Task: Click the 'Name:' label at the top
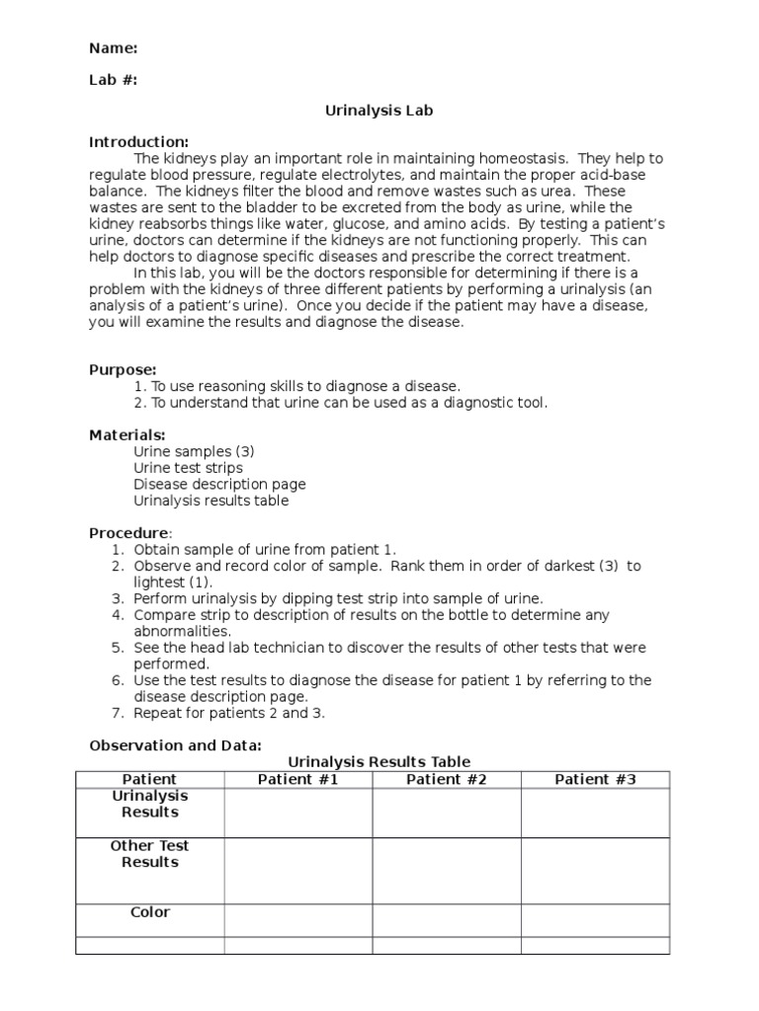[x=113, y=48]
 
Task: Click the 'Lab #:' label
[x=113, y=81]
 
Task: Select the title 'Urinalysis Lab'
[x=379, y=111]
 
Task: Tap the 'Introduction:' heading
[x=138, y=142]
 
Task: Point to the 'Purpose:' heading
[x=123, y=369]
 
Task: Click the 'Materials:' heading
[x=127, y=434]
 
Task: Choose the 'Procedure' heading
[x=129, y=532]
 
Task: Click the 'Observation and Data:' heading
[x=175, y=744]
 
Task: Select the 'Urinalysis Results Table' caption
[x=379, y=761]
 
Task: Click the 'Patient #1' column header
[x=297, y=779]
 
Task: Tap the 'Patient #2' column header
[x=447, y=779]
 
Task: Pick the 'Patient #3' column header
[x=595, y=779]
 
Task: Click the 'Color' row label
[x=150, y=912]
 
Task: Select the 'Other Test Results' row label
[x=150, y=854]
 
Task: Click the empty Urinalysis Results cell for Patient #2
[x=447, y=813]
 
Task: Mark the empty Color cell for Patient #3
[x=595, y=919]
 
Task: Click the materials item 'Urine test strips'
[x=188, y=467]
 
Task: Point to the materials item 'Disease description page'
[x=219, y=484]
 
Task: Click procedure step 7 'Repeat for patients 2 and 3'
[x=229, y=712]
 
